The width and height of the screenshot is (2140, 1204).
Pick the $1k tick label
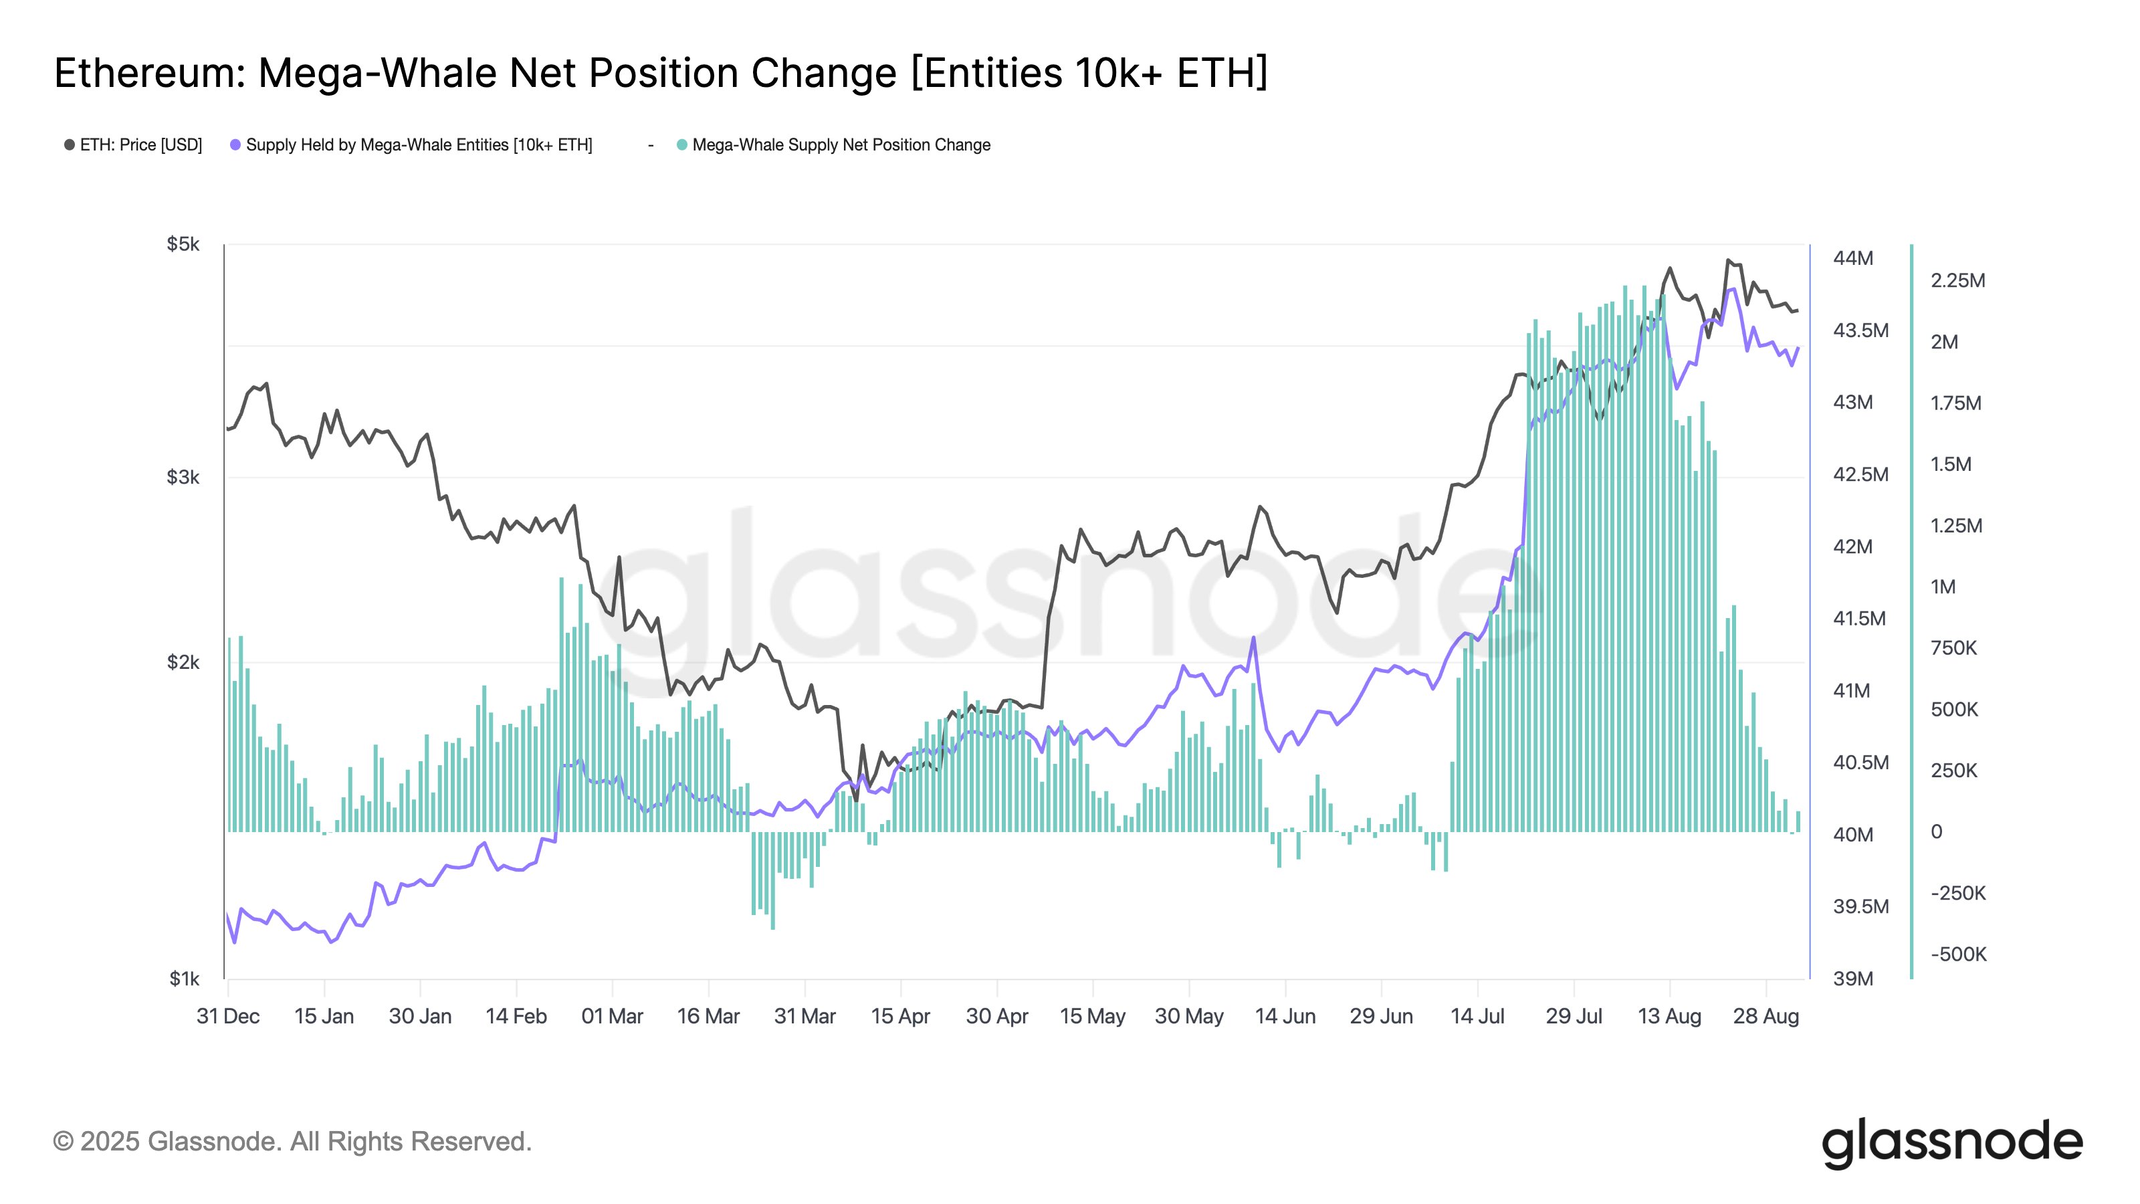tap(185, 979)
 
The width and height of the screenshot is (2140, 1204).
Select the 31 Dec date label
tap(227, 1016)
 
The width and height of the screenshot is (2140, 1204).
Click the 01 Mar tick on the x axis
tap(613, 1016)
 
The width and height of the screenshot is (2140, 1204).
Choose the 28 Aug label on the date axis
tap(1765, 1016)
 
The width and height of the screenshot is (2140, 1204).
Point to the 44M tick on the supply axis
tap(1852, 258)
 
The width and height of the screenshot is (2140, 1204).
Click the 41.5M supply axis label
tap(1858, 618)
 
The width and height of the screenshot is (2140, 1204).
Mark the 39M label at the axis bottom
tap(1852, 979)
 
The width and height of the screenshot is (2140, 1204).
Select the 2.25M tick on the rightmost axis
tap(1957, 281)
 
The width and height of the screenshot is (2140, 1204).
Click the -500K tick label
tap(1957, 954)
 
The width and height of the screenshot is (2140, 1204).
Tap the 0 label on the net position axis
tap(1937, 831)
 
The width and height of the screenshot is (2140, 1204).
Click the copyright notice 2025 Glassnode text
tap(292, 1142)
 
